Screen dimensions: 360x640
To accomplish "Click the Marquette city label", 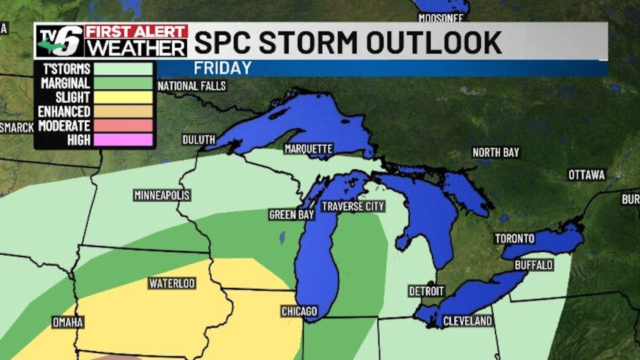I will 308,148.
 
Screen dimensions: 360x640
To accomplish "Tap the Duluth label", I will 198,139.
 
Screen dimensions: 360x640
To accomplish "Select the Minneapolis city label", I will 162,195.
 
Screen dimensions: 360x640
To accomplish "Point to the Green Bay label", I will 291,214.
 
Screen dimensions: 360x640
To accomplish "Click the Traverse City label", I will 353,206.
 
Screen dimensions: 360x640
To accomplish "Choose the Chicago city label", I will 299,311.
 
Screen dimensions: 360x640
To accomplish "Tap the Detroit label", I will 426,291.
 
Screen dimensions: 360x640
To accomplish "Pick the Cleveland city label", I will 467,321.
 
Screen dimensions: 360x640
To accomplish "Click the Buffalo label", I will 534,264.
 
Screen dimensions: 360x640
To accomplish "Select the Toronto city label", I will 514,238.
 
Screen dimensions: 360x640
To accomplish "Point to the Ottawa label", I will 586,175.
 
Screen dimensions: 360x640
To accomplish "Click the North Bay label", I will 496,152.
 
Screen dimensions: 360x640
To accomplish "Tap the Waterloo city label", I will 172,283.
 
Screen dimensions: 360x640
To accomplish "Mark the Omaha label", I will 68,322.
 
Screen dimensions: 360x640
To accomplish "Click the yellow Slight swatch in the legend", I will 123,97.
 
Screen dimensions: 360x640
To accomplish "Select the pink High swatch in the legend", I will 123,140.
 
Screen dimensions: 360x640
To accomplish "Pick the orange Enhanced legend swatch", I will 123,111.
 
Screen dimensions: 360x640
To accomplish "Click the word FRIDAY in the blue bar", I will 222,68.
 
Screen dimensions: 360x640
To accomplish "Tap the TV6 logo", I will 59,41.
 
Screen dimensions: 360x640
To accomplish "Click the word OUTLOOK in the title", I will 434,42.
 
